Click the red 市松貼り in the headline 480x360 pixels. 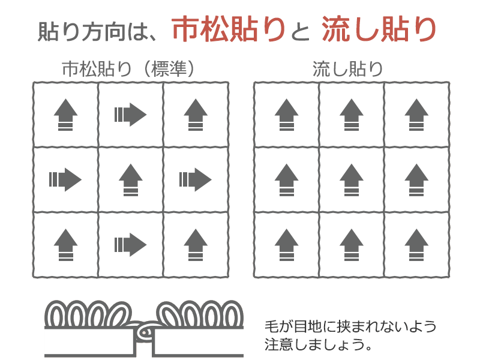point(229,29)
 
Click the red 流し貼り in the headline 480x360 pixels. point(379,29)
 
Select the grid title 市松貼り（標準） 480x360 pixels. point(128,68)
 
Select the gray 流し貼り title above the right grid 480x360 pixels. point(348,68)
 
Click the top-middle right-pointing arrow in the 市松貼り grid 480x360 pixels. point(130,115)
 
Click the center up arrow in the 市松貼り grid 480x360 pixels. point(131,179)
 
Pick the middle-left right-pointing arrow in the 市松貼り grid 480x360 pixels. point(65,179)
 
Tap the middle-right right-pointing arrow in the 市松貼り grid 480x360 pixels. point(196,179)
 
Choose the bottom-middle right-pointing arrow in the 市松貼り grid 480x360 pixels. point(130,245)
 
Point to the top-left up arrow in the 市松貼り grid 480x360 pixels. point(65,115)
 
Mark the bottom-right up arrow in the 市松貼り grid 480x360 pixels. point(196,245)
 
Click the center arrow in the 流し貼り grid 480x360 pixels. point(352,179)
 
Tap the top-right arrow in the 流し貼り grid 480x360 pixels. point(416,115)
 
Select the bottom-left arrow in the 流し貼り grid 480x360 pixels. point(287,245)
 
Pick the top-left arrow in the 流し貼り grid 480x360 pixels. point(287,115)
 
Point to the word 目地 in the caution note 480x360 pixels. point(307,326)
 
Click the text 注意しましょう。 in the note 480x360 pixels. point(319,344)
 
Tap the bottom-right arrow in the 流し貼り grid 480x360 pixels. point(416,245)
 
